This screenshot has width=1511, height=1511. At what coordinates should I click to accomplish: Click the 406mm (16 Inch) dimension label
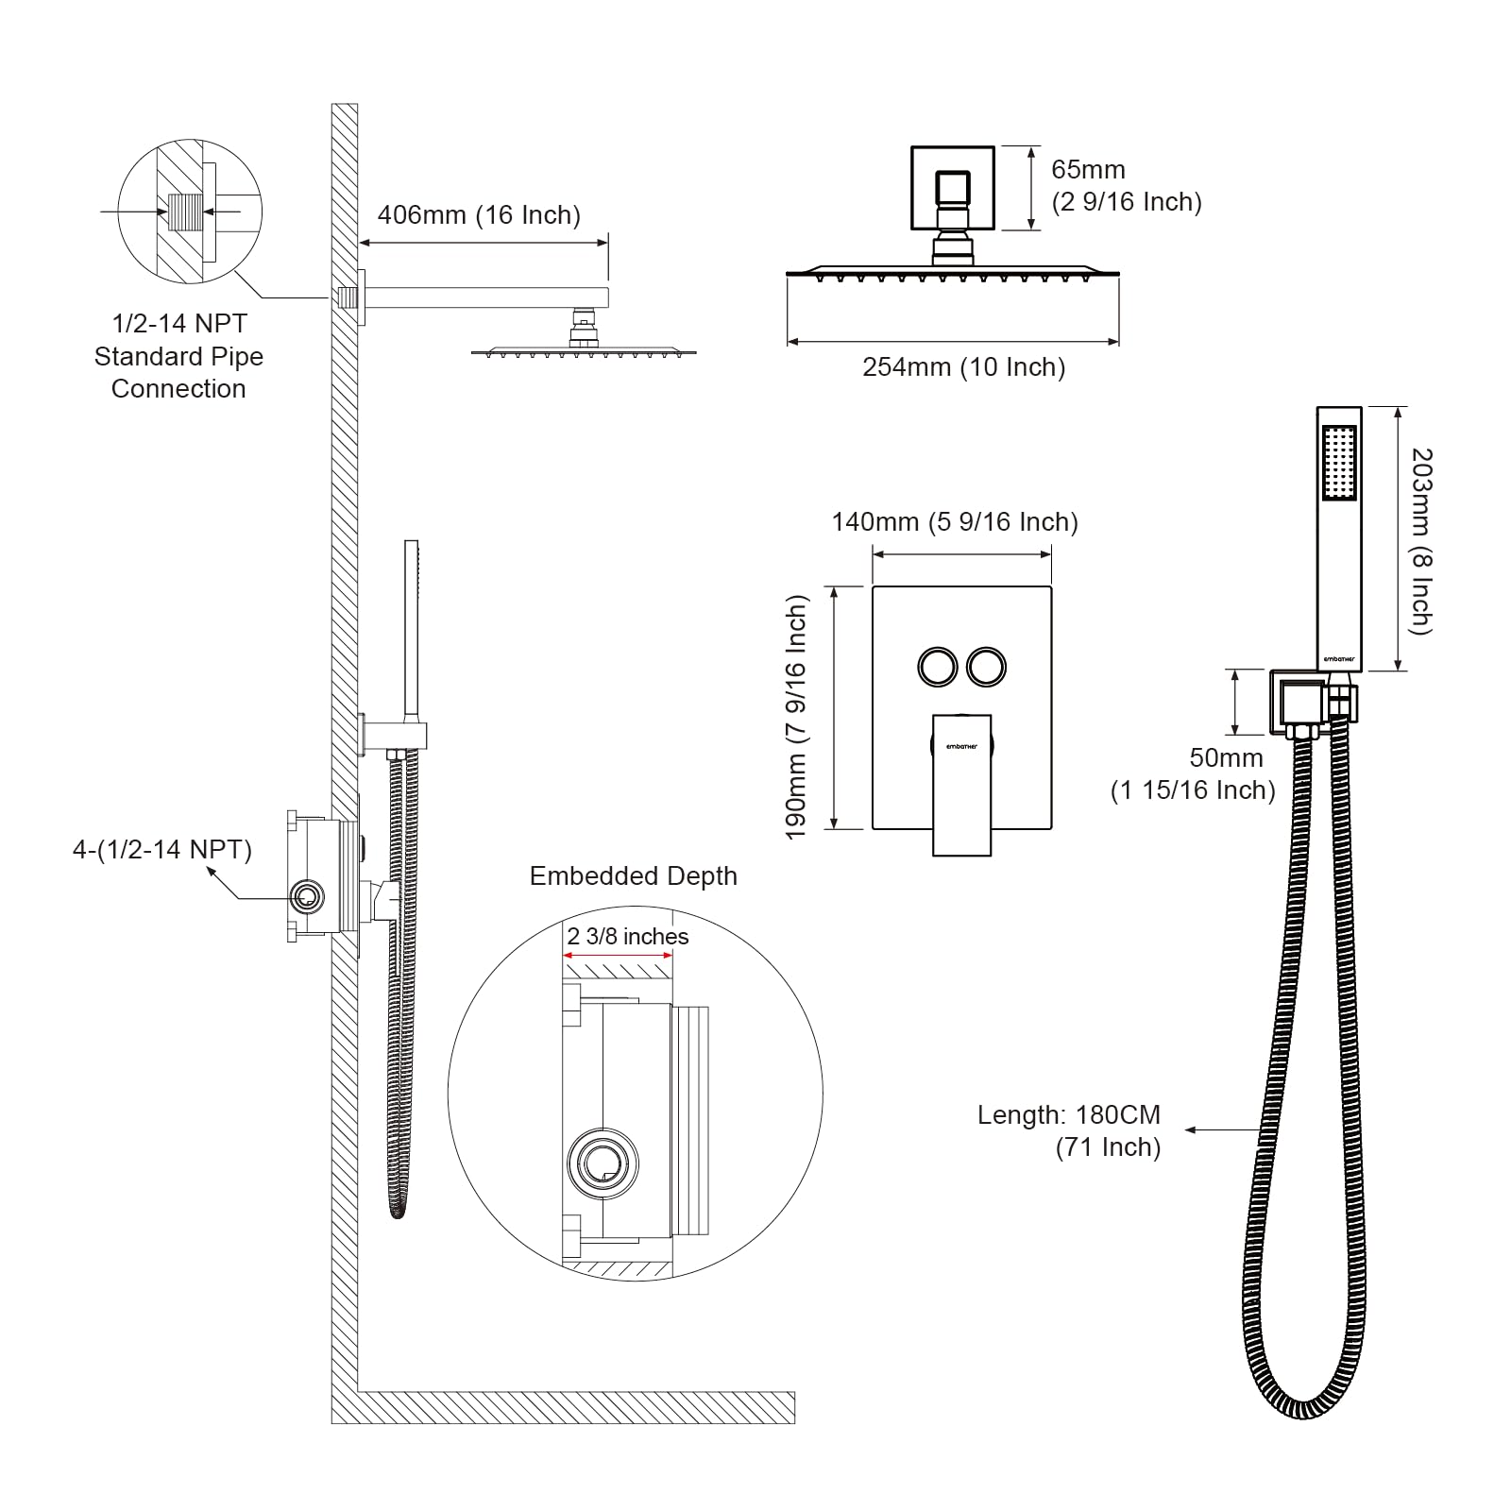(479, 215)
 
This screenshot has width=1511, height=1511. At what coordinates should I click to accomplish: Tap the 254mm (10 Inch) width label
(963, 367)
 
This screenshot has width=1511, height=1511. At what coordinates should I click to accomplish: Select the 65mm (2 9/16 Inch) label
(1126, 186)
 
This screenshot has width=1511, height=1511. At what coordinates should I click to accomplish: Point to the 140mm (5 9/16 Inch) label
(954, 522)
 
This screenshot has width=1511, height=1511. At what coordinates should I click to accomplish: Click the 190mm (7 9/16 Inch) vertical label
(797, 717)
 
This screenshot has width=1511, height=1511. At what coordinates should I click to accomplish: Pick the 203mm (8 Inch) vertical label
(1421, 541)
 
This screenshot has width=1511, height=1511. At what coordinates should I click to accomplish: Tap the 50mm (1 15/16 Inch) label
(1193, 773)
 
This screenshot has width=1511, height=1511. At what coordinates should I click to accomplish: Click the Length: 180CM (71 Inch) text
(1069, 1130)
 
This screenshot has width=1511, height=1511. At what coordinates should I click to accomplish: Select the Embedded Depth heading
(633, 876)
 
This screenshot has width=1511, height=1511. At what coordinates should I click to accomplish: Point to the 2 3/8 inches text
(627, 937)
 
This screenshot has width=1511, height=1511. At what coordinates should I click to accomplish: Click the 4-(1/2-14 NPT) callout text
(162, 850)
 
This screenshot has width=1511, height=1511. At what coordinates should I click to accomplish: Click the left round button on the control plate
(937, 667)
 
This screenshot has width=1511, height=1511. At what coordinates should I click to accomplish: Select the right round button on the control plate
(986, 667)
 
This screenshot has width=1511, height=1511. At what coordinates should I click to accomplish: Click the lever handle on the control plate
(961, 784)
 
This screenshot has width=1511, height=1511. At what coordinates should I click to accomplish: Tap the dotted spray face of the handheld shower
(1339, 463)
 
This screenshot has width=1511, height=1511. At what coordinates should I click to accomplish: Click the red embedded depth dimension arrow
(618, 955)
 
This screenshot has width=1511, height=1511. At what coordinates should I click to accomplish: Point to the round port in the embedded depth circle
(602, 1163)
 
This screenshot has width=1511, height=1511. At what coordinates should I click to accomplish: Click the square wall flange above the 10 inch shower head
(952, 188)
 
